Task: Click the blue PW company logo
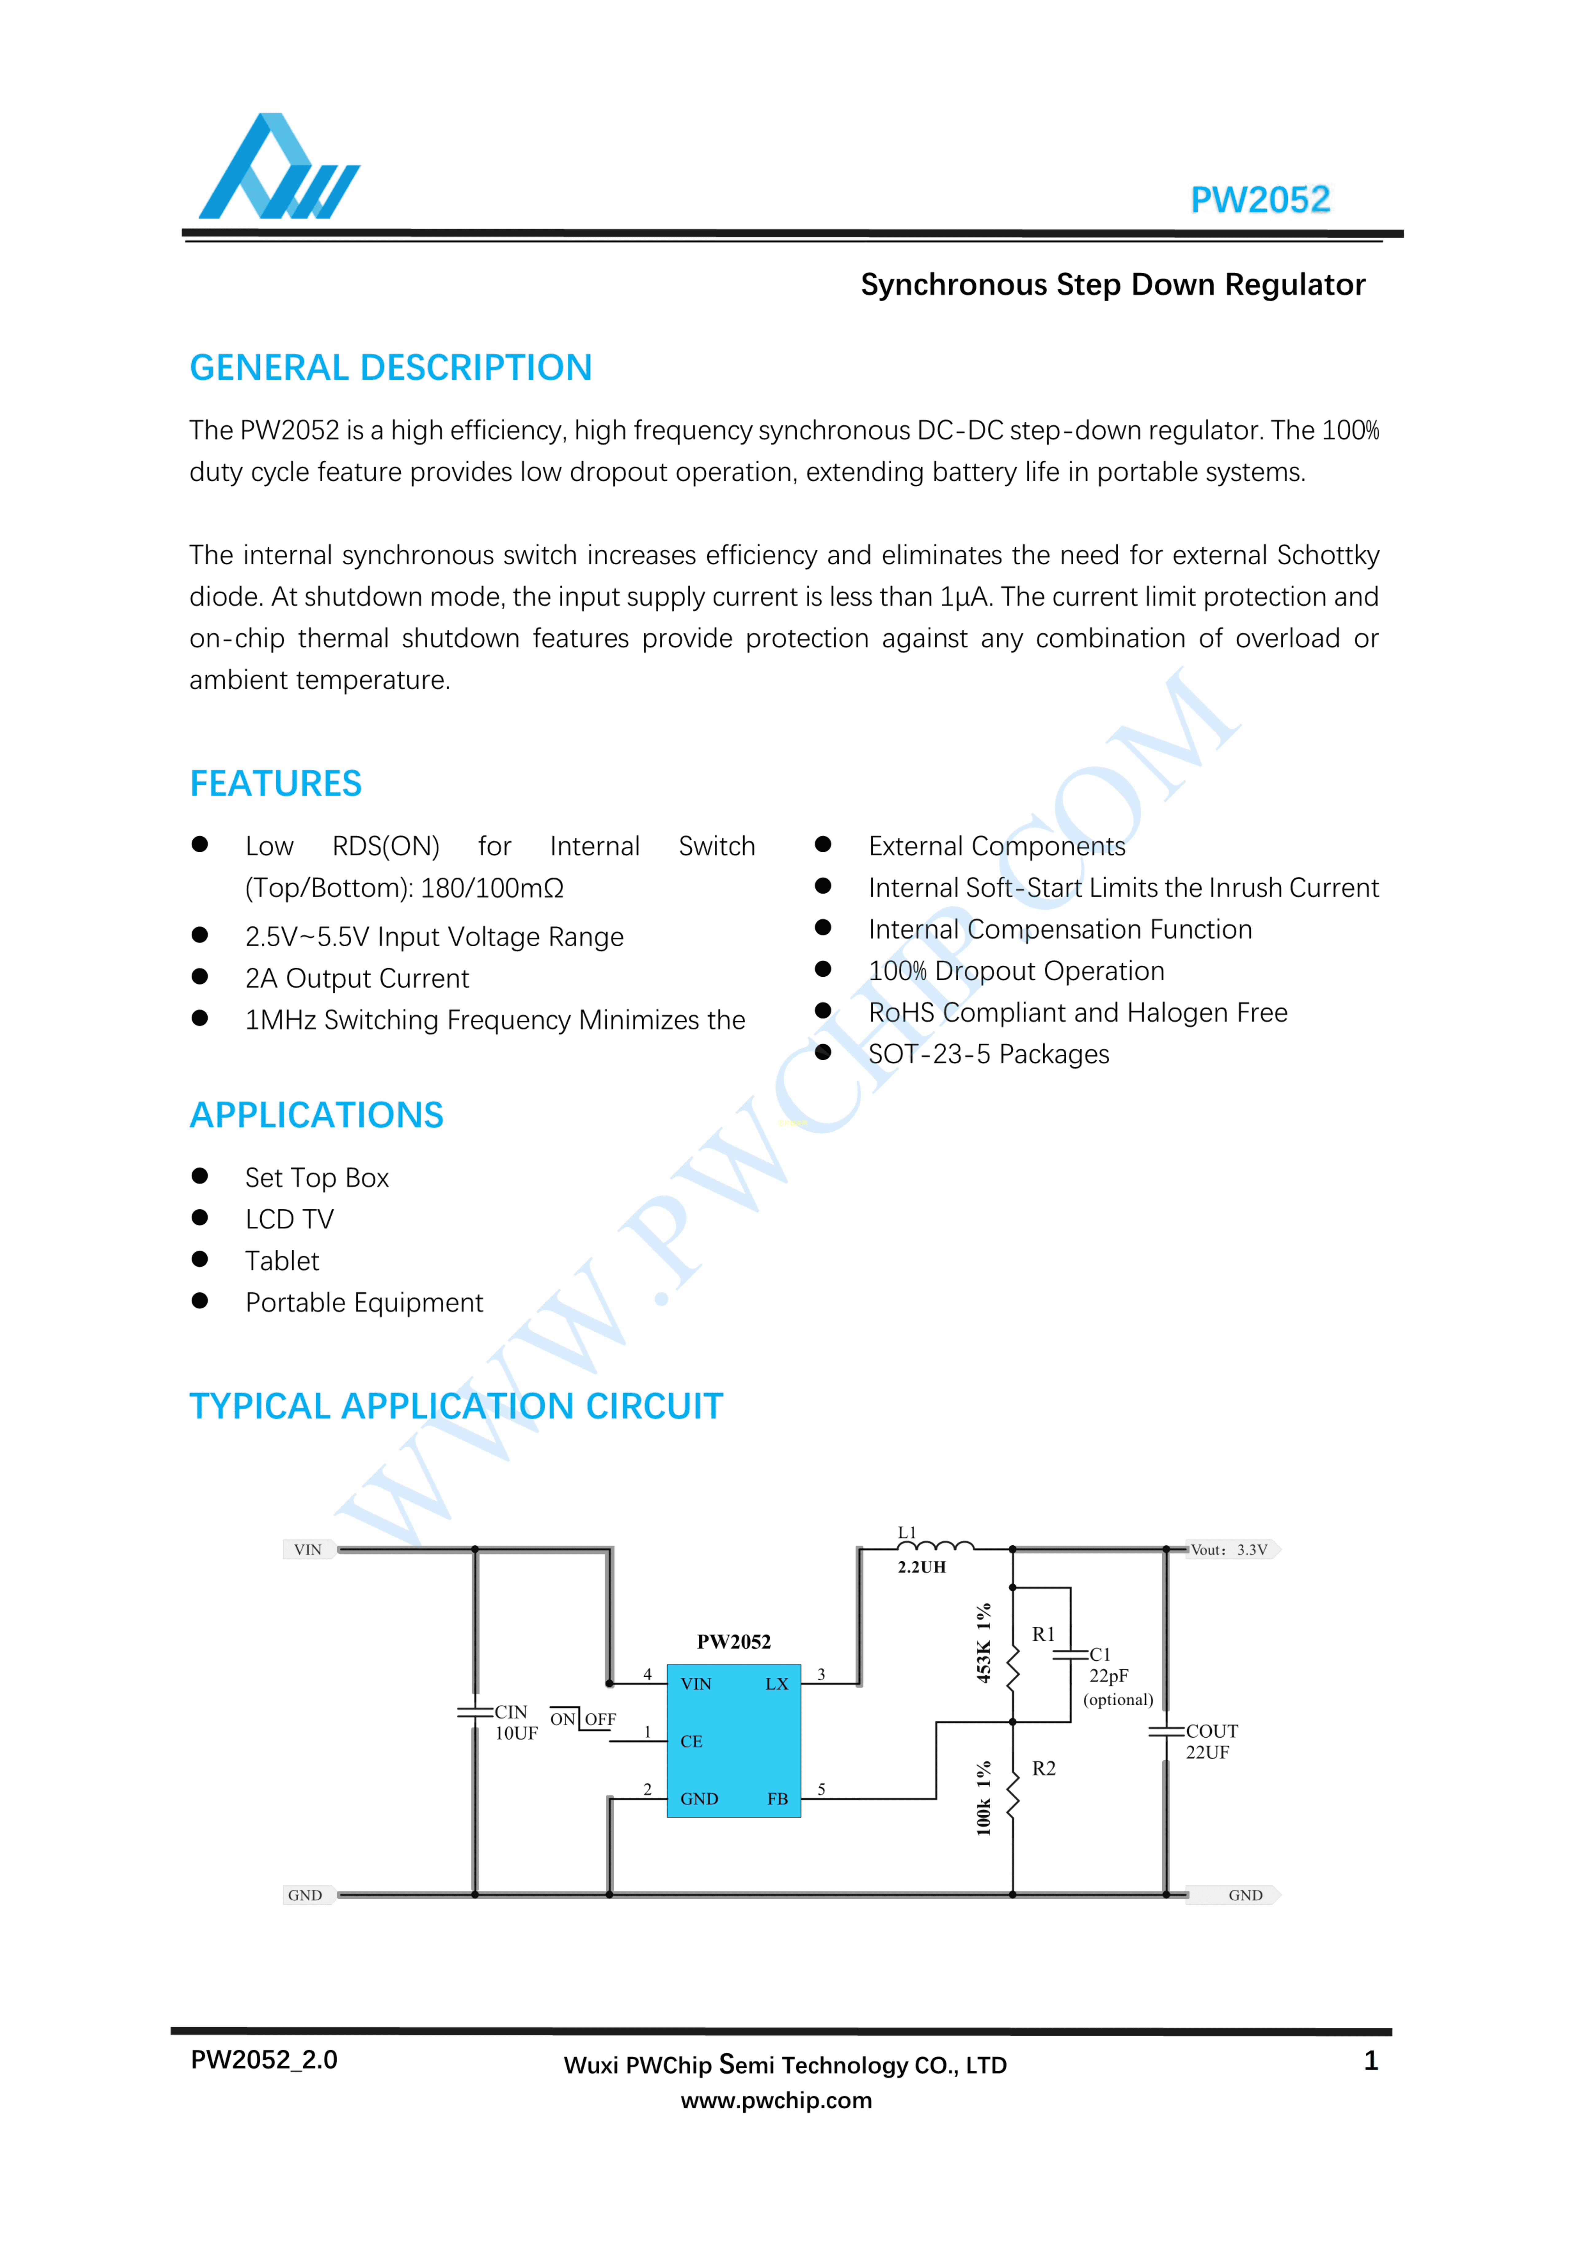(x=278, y=168)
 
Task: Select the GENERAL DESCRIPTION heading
(x=391, y=369)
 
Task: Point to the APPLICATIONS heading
(x=317, y=1115)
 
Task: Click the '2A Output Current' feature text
(x=357, y=978)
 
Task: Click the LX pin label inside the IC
(x=776, y=1684)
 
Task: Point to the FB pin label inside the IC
(x=777, y=1798)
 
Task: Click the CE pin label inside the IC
(x=691, y=1742)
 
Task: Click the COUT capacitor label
(x=1212, y=1731)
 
